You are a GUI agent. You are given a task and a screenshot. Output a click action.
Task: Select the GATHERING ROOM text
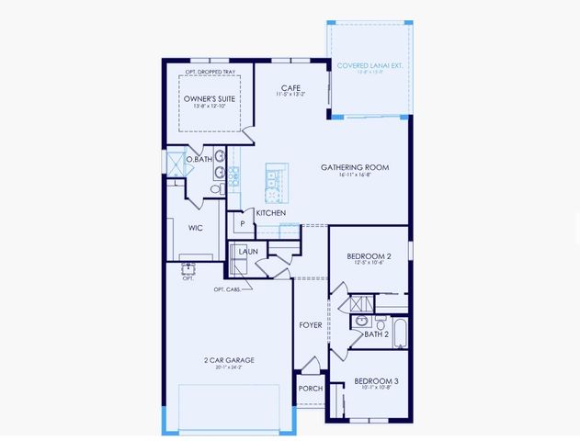(x=355, y=167)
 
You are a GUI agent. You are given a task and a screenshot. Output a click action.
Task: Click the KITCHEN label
(x=270, y=213)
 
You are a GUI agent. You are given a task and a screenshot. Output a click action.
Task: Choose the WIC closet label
(x=195, y=229)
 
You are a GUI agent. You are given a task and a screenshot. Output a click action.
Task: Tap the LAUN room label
(x=247, y=250)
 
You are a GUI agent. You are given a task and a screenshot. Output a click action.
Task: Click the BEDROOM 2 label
(x=369, y=256)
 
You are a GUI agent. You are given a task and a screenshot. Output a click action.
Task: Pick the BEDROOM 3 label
(x=374, y=379)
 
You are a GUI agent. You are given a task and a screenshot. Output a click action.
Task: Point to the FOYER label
(x=309, y=325)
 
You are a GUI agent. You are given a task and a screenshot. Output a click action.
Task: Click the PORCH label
(x=309, y=389)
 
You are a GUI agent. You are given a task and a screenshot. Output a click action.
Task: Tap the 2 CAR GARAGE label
(x=229, y=359)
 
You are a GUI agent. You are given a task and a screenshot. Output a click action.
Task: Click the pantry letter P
(x=243, y=222)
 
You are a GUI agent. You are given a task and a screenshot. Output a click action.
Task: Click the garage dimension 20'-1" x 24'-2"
(x=229, y=367)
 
